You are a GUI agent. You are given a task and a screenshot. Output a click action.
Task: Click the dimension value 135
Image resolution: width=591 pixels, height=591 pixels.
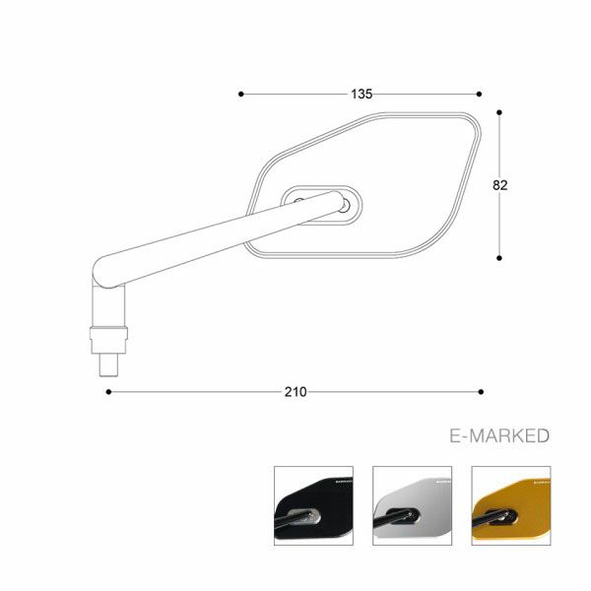point(361,95)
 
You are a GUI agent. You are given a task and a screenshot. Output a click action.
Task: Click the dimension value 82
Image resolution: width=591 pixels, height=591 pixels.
point(500,185)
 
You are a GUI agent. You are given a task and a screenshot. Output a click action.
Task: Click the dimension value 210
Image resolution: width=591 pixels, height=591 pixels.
point(295,391)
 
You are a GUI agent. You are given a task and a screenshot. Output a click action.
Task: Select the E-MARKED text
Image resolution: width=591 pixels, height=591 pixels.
point(497,436)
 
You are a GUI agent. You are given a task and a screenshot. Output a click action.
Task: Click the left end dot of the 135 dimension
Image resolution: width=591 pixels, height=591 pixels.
point(241,95)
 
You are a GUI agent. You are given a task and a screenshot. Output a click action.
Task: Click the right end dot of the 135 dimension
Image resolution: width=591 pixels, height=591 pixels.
point(480,95)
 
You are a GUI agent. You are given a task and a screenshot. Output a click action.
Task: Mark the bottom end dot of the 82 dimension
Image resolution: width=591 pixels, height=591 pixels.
point(501,258)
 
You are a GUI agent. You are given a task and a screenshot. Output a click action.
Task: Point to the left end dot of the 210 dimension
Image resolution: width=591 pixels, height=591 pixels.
point(108,391)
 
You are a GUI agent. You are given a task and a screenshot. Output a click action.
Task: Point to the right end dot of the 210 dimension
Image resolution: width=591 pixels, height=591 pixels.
point(480,391)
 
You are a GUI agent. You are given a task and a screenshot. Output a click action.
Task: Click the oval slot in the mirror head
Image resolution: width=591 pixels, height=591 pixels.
point(321,204)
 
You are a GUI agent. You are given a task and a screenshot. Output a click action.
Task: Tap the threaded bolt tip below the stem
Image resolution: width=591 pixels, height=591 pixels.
point(108,361)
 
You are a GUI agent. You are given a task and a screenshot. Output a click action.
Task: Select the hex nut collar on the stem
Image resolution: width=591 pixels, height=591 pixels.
point(108,339)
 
